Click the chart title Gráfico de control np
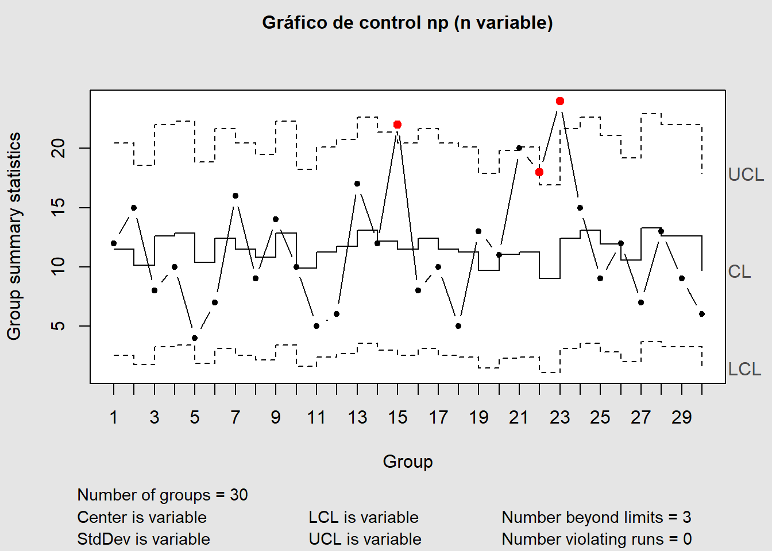click(407, 23)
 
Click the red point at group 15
click(397, 125)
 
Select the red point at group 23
click(560, 101)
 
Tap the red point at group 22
click(539, 172)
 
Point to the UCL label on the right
click(746, 174)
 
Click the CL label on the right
click(739, 271)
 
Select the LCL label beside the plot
click(744, 369)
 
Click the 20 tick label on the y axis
click(59, 149)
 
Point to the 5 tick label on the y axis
click(59, 326)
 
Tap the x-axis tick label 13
click(357, 417)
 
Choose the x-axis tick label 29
click(681, 417)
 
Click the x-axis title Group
click(408, 461)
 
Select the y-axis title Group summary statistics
click(14, 236)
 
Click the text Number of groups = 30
click(163, 495)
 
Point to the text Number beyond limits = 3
click(596, 517)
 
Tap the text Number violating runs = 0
click(596, 539)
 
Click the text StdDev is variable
click(144, 539)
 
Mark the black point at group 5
click(195, 338)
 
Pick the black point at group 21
click(519, 148)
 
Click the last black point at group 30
click(702, 314)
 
